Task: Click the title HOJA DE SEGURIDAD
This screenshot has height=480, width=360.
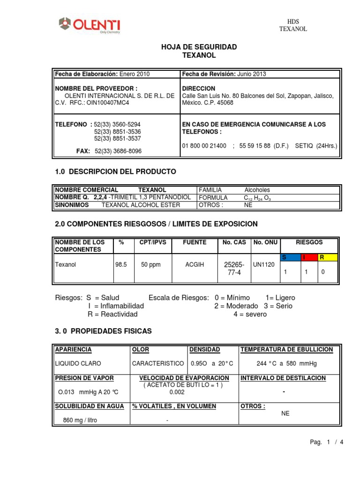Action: (199, 47)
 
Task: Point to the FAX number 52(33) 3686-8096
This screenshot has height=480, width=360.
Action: (118, 151)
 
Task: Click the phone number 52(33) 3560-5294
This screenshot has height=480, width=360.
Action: (117, 124)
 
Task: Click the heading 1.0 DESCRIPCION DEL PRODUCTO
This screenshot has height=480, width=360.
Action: (116, 172)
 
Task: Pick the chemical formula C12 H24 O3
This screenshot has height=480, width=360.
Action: (257, 198)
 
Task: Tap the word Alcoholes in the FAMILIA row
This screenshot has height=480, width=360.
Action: (257, 190)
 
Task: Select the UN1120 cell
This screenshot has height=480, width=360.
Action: (265, 265)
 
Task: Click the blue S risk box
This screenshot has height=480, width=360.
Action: (289, 257)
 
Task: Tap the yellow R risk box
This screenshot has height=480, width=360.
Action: (327, 257)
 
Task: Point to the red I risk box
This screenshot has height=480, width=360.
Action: (307, 257)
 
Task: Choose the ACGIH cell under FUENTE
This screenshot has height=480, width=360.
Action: (195, 265)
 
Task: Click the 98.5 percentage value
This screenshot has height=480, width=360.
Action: (121, 265)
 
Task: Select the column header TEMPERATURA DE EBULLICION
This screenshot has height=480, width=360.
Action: (286, 350)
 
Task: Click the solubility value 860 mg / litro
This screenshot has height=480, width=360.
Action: (80, 420)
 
